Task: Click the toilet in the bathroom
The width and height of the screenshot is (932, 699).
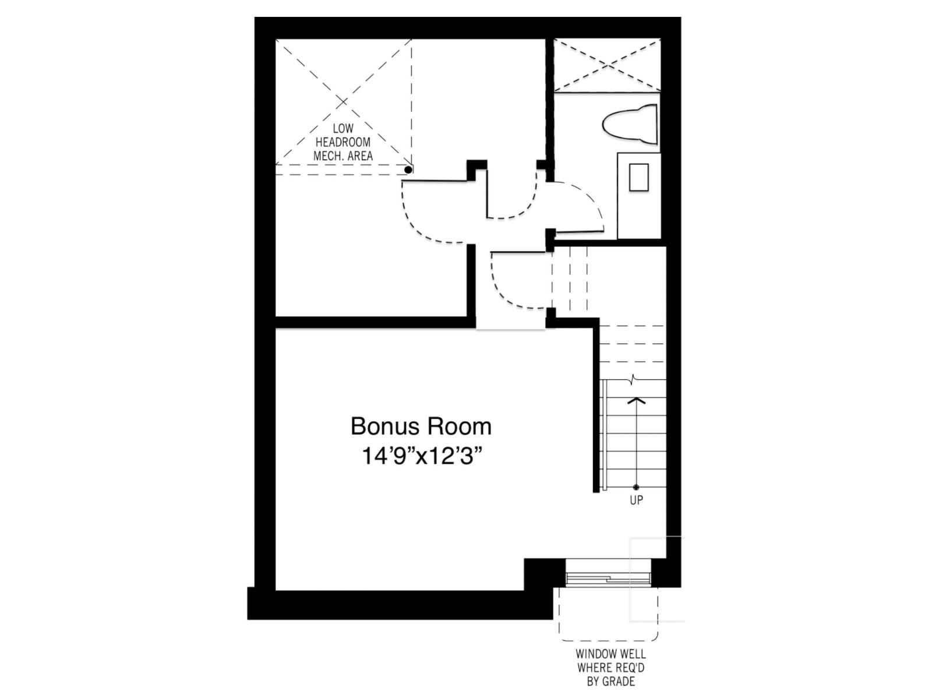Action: (x=629, y=125)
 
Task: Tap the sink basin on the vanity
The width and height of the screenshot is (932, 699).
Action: (x=638, y=178)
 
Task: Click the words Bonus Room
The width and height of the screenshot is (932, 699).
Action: (x=421, y=426)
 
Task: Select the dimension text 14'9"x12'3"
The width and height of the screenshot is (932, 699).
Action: (x=422, y=457)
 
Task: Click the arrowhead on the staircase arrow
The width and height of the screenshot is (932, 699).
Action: (x=636, y=401)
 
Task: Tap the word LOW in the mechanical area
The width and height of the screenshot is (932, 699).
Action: (x=343, y=128)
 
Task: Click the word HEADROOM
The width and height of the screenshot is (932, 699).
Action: (x=343, y=142)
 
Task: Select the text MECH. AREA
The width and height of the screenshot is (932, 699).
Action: (x=343, y=156)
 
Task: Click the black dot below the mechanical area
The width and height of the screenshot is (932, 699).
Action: (x=408, y=170)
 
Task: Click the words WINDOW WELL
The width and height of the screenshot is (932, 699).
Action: (x=610, y=654)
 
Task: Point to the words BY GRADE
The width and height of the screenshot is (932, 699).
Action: (x=610, y=682)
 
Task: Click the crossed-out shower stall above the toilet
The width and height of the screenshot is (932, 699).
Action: (x=607, y=65)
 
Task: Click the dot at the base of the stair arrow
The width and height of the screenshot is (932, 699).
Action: (x=636, y=487)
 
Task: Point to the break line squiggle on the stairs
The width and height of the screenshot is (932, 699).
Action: (x=633, y=379)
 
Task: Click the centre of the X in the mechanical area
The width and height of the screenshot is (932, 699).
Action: (x=344, y=102)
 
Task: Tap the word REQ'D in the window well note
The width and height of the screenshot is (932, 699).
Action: (x=632, y=668)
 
